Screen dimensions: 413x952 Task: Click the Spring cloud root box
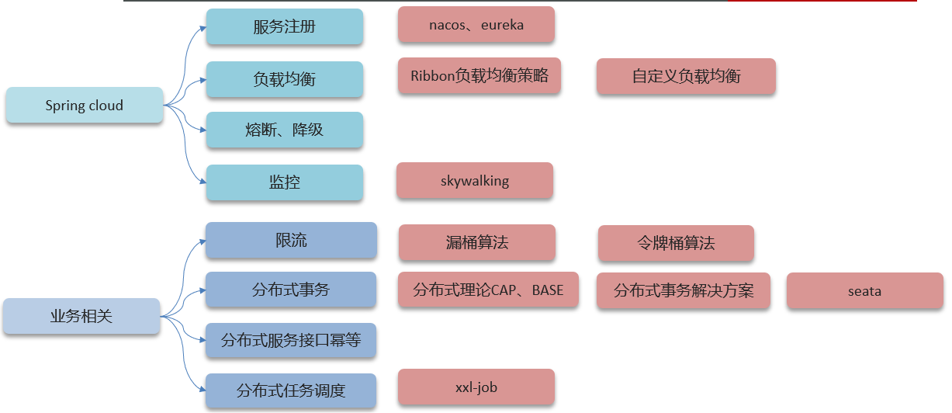click(x=84, y=106)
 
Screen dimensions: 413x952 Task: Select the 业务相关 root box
click(x=81, y=316)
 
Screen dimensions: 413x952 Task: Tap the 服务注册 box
click(x=284, y=27)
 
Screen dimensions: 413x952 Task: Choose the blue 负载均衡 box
click(x=284, y=79)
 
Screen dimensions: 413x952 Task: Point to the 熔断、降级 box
click(x=284, y=130)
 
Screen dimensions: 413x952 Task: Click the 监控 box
click(x=284, y=182)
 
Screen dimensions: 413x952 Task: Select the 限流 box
click(x=291, y=241)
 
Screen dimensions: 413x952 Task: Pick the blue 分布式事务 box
click(x=291, y=290)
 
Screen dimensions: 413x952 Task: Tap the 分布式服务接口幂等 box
click(x=291, y=340)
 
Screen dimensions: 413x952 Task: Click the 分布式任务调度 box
click(x=291, y=390)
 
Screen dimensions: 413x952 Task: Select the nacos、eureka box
click(x=476, y=25)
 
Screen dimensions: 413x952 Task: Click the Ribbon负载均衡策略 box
click(x=479, y=75)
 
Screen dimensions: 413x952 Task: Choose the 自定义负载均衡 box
click(x=686, y=76)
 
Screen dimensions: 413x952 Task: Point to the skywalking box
click(x=475, y=181)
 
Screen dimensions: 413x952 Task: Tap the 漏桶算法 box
click(x=477, y=242)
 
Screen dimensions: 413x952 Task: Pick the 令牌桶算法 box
click(x=676, y=243)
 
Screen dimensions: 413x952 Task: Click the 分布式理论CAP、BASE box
click(x=488, y=290)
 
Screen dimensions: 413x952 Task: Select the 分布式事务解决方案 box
click(x=684, y=291)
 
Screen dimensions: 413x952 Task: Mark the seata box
click(x=864, y=291)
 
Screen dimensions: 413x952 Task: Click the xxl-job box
click(x=476, y=387)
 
